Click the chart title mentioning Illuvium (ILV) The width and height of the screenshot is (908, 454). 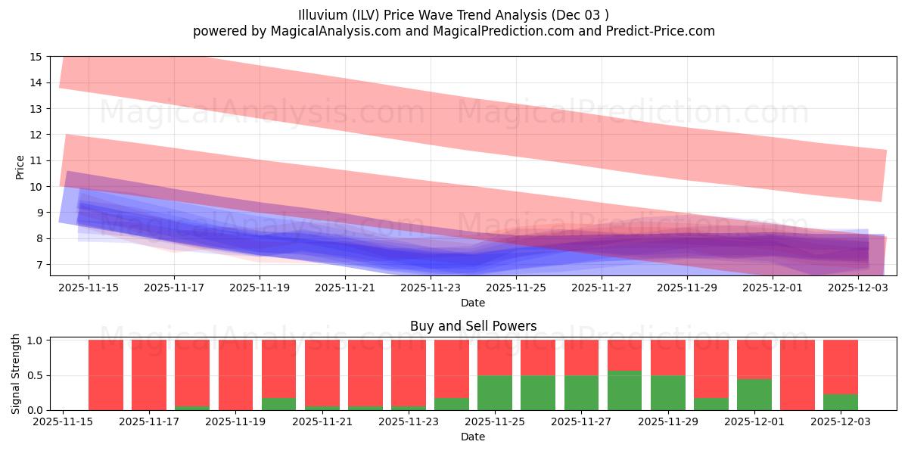(x=454, y=15)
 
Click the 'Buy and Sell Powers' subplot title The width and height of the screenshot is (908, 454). (x=473, y=326)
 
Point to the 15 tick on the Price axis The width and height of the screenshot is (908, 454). (x=36, y=57)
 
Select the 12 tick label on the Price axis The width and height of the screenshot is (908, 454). (x=36, y=135)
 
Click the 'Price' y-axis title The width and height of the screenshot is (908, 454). (x=20, y=166)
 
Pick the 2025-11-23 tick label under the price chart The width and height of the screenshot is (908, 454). (x=431, y=288)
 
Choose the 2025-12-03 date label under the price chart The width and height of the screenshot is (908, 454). (x=858, y=288)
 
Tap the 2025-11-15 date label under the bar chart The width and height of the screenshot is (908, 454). (x=63, y=421)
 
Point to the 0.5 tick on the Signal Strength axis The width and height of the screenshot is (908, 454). (x=36, y=375)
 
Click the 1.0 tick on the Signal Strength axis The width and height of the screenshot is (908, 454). (x=36, y=340)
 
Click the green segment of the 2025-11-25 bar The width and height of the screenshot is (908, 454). (x=495, y=393)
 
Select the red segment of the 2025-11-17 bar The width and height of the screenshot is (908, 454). (x=149, y=375)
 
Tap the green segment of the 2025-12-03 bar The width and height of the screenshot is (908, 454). (x=841, y=402)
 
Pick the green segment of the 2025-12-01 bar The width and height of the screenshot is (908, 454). (x=754, y=394)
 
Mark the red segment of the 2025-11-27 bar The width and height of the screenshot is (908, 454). (x=581, y=357)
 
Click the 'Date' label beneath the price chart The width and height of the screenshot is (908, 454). (x=473, y=303)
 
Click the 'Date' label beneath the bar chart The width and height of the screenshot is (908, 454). (x=473, y=437)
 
